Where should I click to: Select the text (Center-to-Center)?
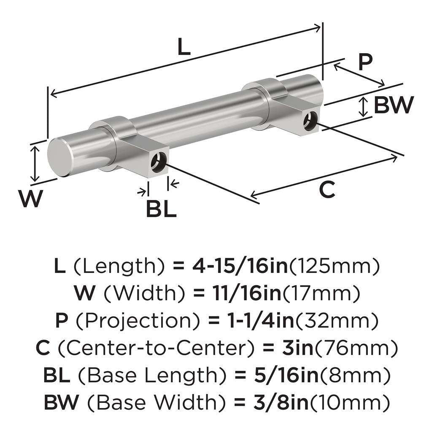(157, 349)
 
